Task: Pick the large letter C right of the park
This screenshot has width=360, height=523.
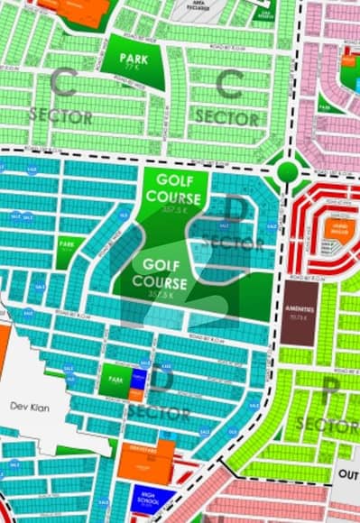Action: [x=228, y=85]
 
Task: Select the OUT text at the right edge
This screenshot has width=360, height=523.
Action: [x=346, y=476]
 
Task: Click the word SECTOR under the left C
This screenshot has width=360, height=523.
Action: [x=60, y=117]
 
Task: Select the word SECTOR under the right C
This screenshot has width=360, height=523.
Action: [x=227, y=117]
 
